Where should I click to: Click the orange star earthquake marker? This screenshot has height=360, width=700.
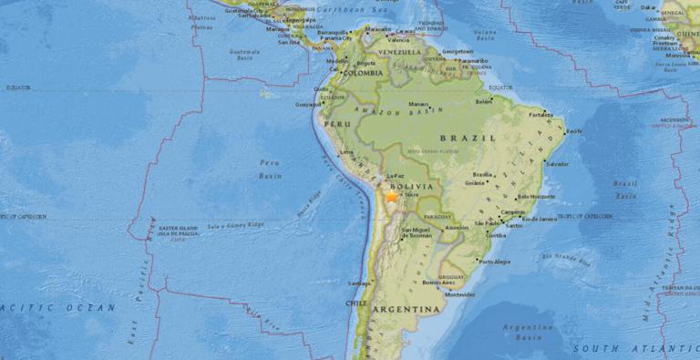392,195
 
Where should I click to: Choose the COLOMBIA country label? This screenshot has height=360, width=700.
364,72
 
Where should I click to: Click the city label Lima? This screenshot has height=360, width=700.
345,152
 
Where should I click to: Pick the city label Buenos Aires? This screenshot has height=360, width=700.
433,283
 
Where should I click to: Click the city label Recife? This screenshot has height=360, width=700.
574,131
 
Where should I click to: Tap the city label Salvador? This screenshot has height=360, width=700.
556,163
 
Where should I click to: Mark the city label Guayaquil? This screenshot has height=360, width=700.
306,105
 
